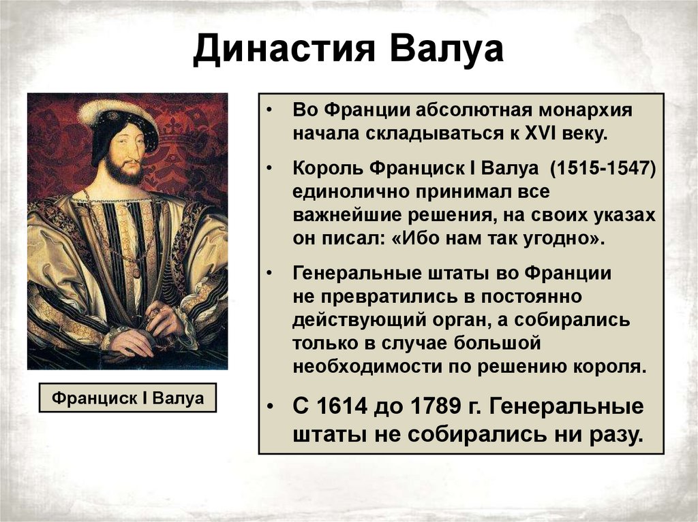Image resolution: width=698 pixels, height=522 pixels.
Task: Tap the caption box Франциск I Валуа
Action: tap(128, 397)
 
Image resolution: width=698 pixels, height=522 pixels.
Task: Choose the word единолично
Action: tap(348, 192)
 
